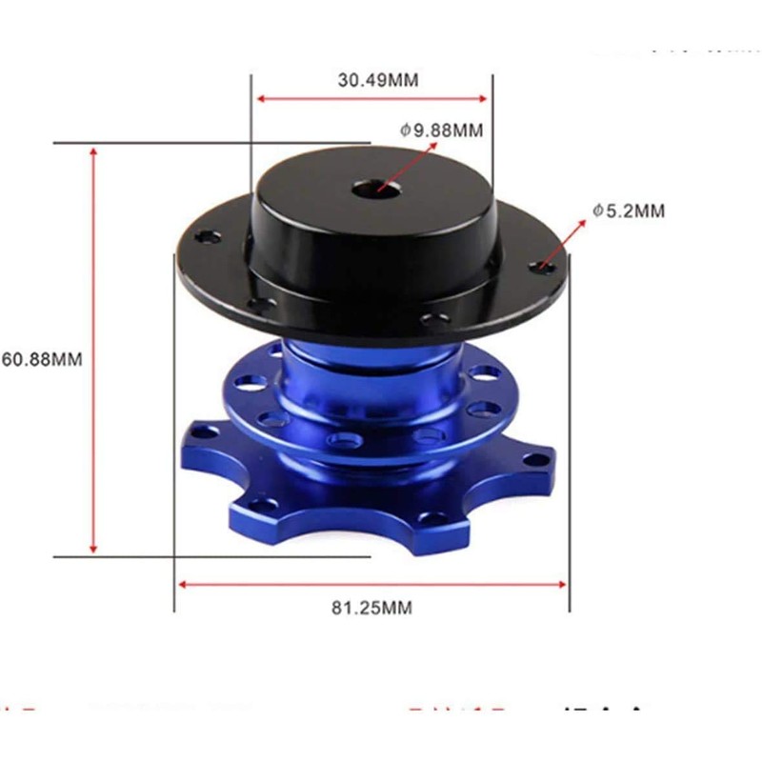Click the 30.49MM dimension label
(x=377, y=80)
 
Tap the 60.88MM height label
(x=42, y=360)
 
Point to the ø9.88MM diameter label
(x=442, y=129)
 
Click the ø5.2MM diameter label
(x=627, y=211)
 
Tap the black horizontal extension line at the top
(x=210, y=144)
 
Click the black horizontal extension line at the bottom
(x=114, y=557)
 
